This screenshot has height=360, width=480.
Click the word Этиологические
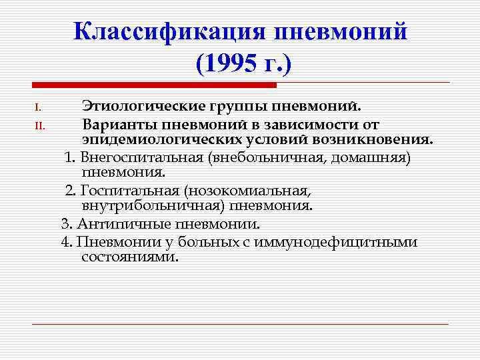pos(142,106)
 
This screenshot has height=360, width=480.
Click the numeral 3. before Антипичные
pos(65,224)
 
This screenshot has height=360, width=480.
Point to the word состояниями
pos(130,257)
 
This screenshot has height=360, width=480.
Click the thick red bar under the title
pos(154,85)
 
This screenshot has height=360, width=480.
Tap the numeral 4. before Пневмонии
pos(65,241)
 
